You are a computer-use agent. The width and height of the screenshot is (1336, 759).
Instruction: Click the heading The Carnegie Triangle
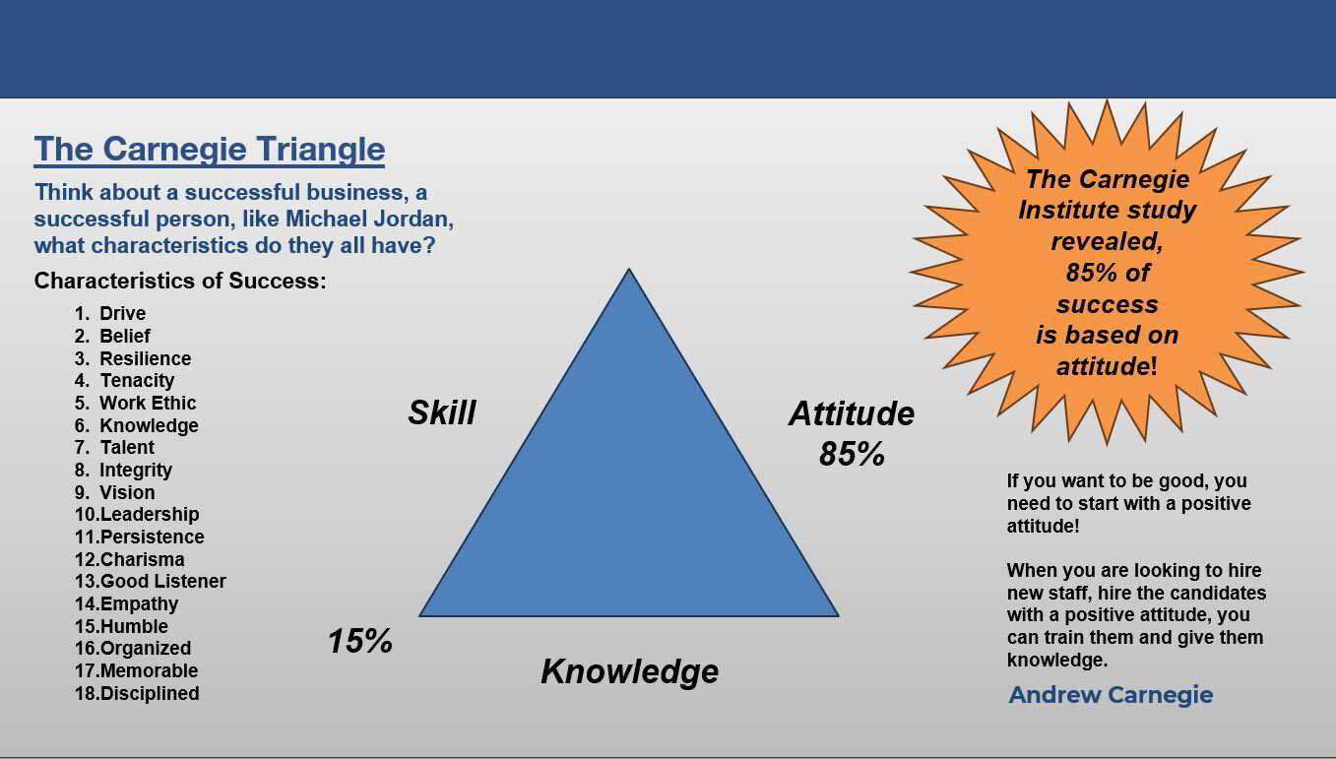point(209,149)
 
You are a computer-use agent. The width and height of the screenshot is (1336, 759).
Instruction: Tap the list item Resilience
point(145,358)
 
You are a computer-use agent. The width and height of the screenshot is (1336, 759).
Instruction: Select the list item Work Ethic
point(148,403)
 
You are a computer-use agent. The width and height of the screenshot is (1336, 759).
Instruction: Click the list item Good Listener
point(162,581)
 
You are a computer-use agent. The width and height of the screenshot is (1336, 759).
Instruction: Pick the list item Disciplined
point(149,693)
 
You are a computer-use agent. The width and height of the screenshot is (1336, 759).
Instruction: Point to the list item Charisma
point(142,559)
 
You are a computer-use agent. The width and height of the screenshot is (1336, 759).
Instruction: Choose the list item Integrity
point(136,470)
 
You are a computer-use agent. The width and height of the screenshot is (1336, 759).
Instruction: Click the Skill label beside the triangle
point(442,412)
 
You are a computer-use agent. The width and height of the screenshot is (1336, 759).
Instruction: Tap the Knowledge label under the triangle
point(629,671)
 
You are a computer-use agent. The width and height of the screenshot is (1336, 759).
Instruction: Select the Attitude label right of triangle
point(851,413)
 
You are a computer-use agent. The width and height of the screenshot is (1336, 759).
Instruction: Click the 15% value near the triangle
point(359,642)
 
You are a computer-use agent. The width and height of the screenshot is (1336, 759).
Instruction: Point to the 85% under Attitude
point(852,454)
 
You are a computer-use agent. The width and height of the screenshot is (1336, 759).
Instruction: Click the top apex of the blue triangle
point(629,273)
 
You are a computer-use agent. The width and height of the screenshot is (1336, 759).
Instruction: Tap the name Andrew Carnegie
point(1111,695)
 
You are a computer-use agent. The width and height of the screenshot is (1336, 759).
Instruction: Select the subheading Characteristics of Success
point(180,281)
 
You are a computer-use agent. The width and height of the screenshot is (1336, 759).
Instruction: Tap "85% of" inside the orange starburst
point(1107,273)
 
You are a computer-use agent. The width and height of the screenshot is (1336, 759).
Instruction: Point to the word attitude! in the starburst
point(1107,366)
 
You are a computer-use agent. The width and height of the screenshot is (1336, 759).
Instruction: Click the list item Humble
point(133,626)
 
